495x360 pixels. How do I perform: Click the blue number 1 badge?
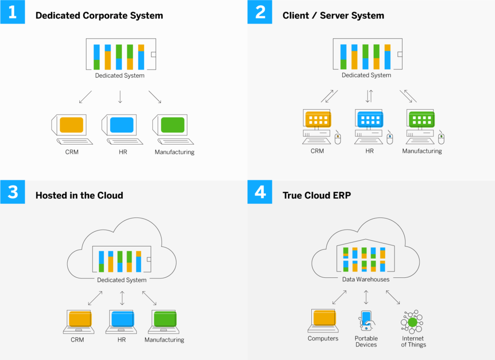click(x=13, y=12)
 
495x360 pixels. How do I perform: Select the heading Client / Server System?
click(x=333, y=15)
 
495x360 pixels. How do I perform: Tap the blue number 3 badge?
click(x=13, y=192)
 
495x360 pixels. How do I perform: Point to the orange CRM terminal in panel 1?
click(x=71, y=125)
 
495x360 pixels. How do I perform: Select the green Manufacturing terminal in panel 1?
click(x=172, y=125)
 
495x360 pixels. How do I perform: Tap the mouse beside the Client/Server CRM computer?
click(x=338, y=138)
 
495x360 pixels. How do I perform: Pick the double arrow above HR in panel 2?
click(x=369, y=96)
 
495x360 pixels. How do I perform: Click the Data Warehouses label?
click(x=366, y=279)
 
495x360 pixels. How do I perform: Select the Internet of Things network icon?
click(x=412, y=322)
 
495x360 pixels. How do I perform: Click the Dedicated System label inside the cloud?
click(x=122, y=280)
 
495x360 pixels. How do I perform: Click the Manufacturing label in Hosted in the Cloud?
click(x=164, y=340)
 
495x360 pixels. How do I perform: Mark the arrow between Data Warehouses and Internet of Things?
click(x=393, y=297)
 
